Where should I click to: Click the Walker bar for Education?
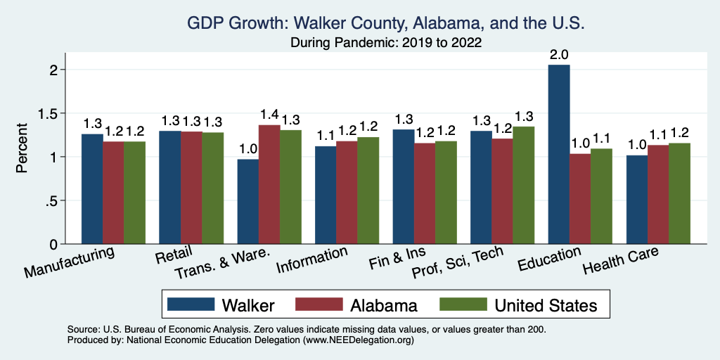(x=559, y=155)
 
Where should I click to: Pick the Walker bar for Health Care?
(x=636, y=200)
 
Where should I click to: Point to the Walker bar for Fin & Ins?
(x=404, y=186)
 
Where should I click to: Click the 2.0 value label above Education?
(x=560, y=53)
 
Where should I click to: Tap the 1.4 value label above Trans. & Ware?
(x=269, y=114)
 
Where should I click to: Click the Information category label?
(x=311, y=261)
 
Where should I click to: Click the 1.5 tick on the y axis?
(x=56, y=113)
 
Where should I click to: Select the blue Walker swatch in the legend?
(x=191, y=304)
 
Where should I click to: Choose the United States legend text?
(x=546, y=305)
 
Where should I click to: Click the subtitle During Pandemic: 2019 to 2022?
(x=386, y=43)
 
